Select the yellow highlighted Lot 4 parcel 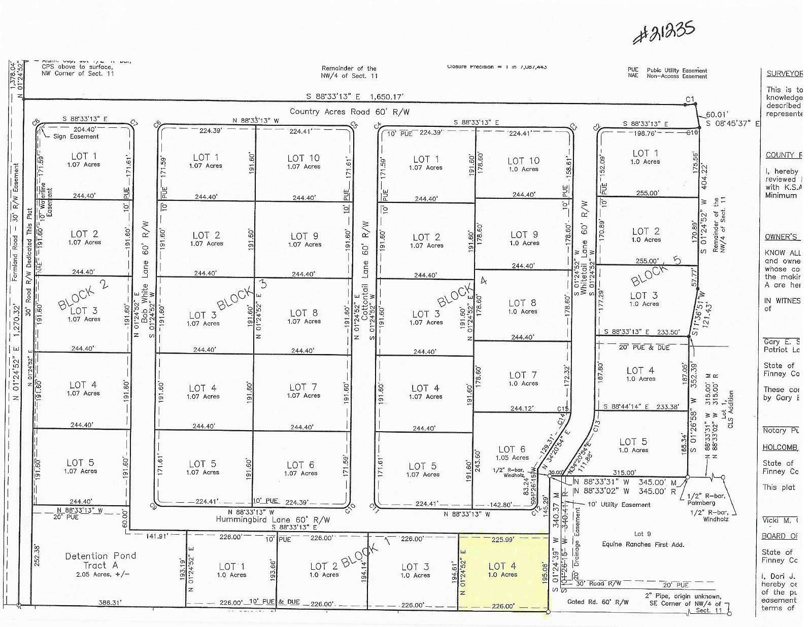tap(503, 571)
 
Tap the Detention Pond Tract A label tap(100, 561)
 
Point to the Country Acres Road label tap(349, 112)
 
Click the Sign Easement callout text tap(76, 136)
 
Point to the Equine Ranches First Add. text tap(643, 544)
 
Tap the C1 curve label tap(689, 99)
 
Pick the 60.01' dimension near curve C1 tap(717, 115)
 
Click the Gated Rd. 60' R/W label tap(597, 602)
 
